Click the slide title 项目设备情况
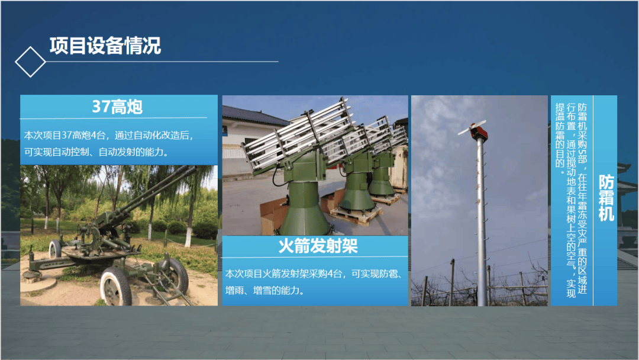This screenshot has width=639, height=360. pyautogui.click(x=105, y=46)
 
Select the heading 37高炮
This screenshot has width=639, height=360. pyautogui.click(x=117, y=107)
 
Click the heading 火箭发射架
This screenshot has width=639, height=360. pyautogui.click(x=318, y=246)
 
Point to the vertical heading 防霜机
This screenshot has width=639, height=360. pyautogui.click(x=606, y=198)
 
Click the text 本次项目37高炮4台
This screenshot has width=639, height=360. pyautogui.click(x=65, y=136)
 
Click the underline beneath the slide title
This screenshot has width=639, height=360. pyautogui.click(x=162, y=62)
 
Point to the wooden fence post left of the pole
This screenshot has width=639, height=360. pyautogui.click(x=452, y=282)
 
